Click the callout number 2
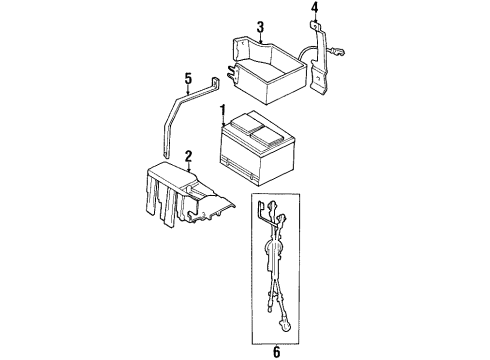click(187, 156)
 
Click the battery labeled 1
click(260, 150)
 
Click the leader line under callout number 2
click(187, 168)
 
